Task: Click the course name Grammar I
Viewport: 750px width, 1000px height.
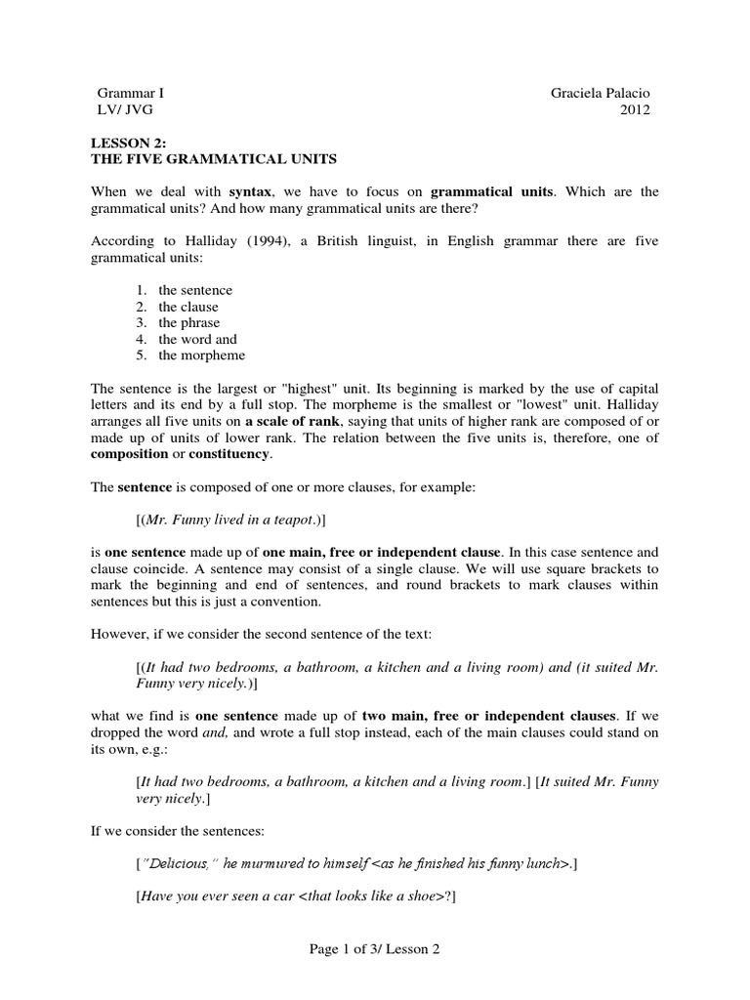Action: click(128, 93)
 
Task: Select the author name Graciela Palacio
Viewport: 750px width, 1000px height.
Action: click(601, 93)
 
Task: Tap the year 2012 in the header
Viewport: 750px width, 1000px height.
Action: click(635, 109)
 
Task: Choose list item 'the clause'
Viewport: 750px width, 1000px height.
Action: click(188, 307)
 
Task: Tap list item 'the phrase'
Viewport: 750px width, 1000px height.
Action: click(189, 322)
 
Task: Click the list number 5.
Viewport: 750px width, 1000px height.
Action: click(141, 355)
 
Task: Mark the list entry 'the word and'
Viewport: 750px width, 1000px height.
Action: click(197, 339)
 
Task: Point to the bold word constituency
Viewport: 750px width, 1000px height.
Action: click(229, 454)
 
